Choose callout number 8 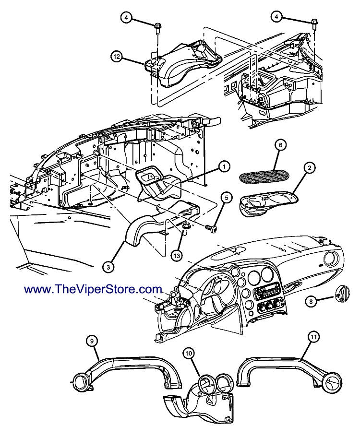[x=311, y=301]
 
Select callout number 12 [x=117, y=57]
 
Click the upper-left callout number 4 [x=126, y=18]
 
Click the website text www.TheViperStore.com [x=93, y=289]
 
